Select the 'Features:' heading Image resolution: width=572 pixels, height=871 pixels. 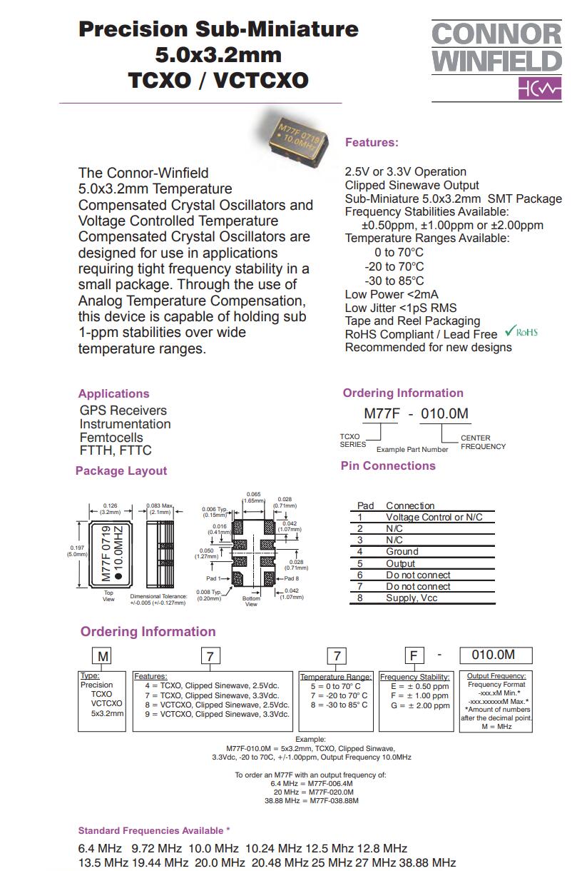(x=372, y=143)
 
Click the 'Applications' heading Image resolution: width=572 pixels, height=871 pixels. (x=113, y=393)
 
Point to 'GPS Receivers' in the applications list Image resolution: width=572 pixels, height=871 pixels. (x=123, y=411)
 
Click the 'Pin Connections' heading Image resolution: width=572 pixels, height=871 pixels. (x=388, y=465)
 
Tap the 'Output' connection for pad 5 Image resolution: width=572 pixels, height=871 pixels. (x=400, y=563)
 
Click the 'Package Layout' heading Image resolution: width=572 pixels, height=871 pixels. (x=121, y=470)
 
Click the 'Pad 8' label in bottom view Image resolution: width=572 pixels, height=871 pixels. (x=291, y=578)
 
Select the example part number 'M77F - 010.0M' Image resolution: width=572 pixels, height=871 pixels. (x=417, y=414)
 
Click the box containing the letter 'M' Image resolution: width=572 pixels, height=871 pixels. (x=104, y=656)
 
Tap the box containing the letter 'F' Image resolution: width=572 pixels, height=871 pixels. (x=414, y=656)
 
